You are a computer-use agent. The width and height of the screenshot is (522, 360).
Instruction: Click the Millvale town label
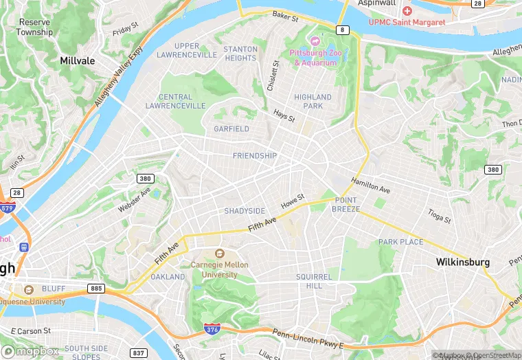click(x=77, y=60)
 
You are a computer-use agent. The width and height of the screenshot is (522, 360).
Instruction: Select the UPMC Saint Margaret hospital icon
click(x=407, y=11)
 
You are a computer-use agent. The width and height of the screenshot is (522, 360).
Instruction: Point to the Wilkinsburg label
click(x=463, y=262)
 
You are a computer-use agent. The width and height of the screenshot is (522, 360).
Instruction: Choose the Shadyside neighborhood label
click(x=245, y=211)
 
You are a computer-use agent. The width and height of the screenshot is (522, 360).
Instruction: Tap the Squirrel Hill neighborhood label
click(x=314, y=281)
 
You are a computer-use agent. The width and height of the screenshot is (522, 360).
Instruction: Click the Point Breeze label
click(x=345, y=205)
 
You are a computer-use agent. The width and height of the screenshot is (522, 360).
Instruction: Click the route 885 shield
click(x=96, y=288)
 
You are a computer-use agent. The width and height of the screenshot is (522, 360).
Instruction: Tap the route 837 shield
click(x=138, y=353)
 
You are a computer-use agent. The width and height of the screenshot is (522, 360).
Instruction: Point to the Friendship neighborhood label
click(x=255, y=156)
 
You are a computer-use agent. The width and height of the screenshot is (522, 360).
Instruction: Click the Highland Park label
click(x=313, y=102)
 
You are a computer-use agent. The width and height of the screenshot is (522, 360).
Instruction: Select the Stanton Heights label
click(x=240, y=54)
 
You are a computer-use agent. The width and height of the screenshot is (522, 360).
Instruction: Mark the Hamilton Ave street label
click(x=370, y=185)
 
